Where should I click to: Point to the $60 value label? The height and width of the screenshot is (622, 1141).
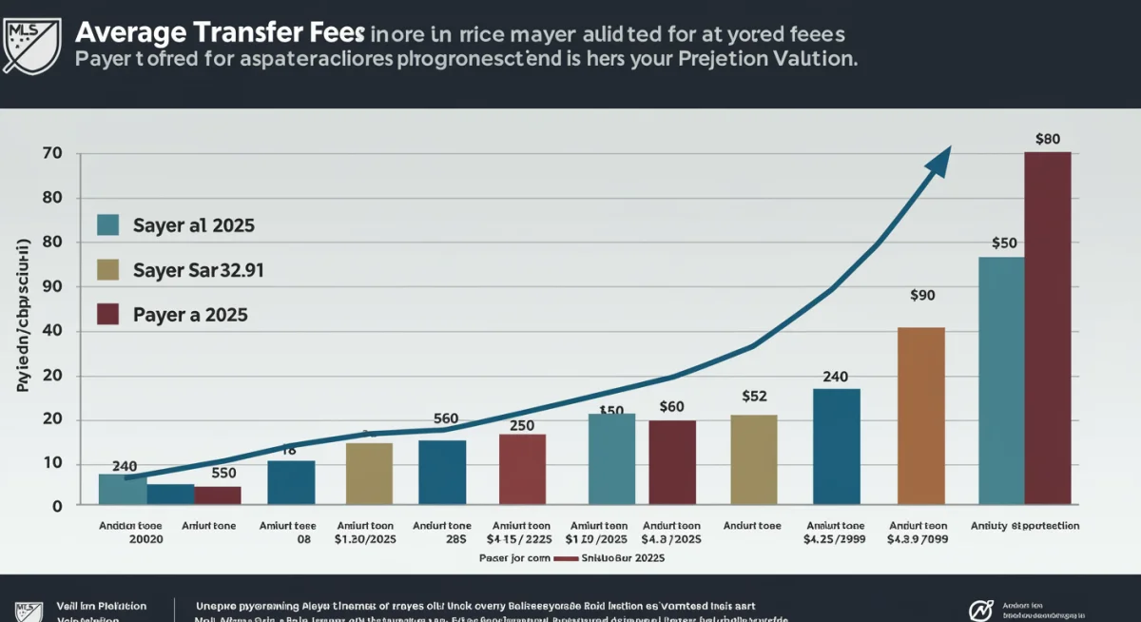[x=671, y=406]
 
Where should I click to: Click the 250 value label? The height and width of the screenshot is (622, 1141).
[x=522, y=425]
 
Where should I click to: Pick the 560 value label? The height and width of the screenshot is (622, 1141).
[x=446, y=418]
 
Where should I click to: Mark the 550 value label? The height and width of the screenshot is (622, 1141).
[x=223, y=472]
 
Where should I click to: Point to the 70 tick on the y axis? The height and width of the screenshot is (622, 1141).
[x=52, y=154]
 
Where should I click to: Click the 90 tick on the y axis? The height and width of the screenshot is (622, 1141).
[x=52, y=286]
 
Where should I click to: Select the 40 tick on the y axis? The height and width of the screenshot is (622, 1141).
[x=52, y=331]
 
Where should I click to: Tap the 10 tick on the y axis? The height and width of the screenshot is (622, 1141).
[x=52, y=463]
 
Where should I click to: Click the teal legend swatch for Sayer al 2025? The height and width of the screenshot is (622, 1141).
[x=108, y=225]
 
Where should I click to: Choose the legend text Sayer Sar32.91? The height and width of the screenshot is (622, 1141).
[x=198, y=270]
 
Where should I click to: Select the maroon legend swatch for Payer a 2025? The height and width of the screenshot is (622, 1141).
[x=108, y=315]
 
